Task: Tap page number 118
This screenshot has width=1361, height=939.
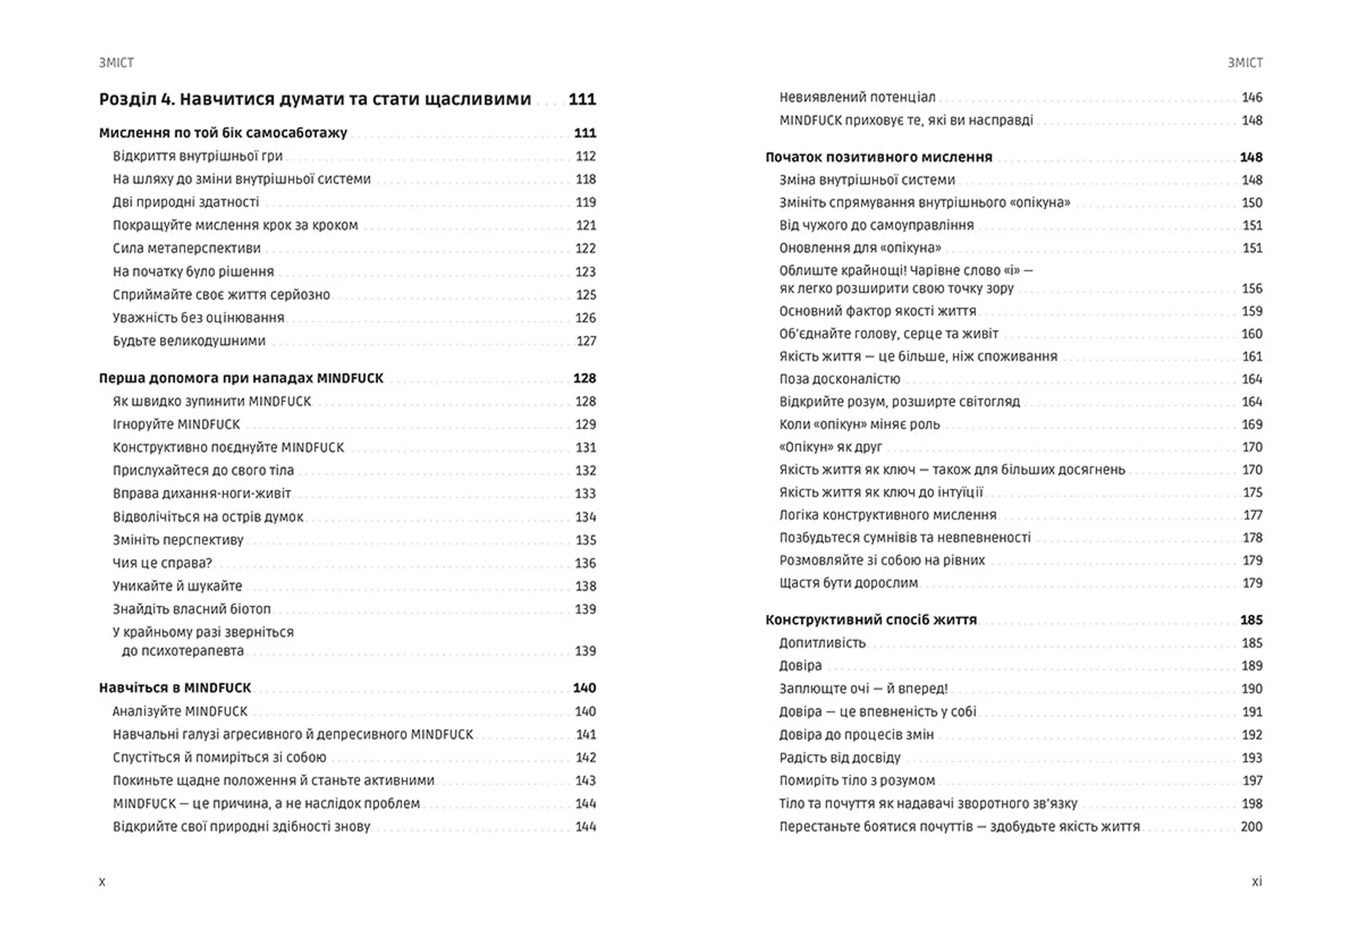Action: [586, 179]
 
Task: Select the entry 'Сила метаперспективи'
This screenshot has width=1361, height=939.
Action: [186, 249]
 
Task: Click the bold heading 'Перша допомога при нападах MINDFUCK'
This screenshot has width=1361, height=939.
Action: [241, 378]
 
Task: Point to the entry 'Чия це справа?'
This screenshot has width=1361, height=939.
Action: [162, 563]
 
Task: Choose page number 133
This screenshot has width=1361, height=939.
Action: [586, 494]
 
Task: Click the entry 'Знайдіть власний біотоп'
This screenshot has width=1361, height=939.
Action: [191, 609]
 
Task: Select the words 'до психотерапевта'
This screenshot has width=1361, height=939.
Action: [182, 651]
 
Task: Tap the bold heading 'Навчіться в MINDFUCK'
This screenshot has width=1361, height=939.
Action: [175, 688]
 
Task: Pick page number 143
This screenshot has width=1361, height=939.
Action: [586, 781]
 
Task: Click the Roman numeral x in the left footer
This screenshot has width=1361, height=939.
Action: [102, 882]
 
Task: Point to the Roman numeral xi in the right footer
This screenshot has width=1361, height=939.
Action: [1256, 882]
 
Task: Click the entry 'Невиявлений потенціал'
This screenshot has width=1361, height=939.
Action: [857, 98]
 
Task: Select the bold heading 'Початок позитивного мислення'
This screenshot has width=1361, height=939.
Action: [878, 157]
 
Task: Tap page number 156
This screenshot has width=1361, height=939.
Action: [1252, 289]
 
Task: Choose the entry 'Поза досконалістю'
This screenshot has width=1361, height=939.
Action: [839, 379]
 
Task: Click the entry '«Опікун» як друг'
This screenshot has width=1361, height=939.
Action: [830, 447]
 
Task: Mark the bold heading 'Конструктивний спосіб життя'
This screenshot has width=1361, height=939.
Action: [870, 620]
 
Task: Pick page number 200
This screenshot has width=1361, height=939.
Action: [1251, 827]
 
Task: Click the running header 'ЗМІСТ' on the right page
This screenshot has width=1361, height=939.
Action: [1245, 63]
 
